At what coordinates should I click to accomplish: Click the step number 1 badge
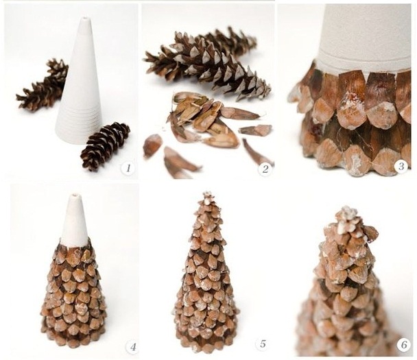coord(128,168)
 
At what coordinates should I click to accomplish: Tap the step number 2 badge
coord(265,169)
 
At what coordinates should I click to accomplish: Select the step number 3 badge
coord(401,167)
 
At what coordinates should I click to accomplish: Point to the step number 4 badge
coord(132,347)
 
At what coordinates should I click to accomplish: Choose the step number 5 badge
coord(263,344)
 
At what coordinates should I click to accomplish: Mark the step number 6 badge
coord(404,345)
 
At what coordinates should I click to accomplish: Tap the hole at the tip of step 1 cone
coord(85,19)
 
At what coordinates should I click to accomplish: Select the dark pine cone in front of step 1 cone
coord(105,145)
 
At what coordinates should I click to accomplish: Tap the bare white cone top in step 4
coord(75,221)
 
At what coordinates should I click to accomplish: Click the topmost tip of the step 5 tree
coord(206,193)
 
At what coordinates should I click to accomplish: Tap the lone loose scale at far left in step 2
coord(152,145)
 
